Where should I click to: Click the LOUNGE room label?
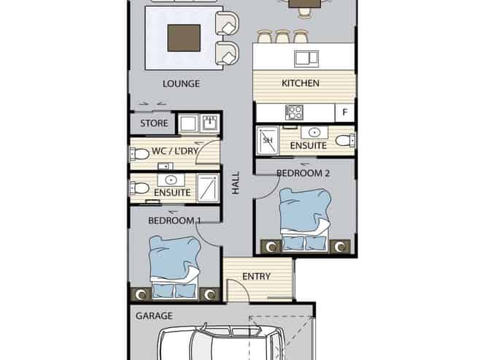[181, 84]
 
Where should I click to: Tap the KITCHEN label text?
[301, 83]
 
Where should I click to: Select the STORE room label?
[154, 123]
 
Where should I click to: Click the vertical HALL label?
[236, 183]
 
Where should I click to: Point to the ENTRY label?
[256, 277]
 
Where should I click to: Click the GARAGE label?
[154, 316]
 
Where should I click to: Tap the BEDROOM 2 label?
[303, 173]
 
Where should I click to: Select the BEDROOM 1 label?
[175, 221]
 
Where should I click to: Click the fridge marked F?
[345, 112]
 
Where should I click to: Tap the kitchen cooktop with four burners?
[294, 112]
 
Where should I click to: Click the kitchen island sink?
[306, 59]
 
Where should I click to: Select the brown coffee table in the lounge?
[184, 38]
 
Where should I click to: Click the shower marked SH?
[268, 140]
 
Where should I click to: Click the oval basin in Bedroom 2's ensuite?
[314, 133]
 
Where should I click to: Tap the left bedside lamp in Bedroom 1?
[141, 295]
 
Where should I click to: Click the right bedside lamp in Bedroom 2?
[340, 247]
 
